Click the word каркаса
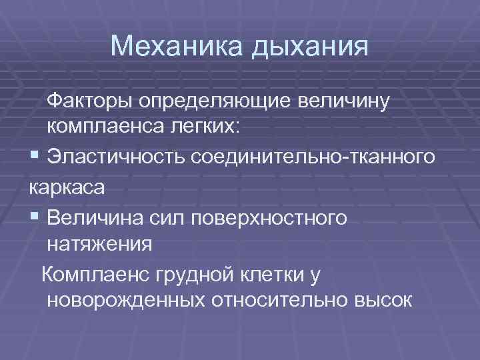click(x=67, y=188)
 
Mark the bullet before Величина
click(x=34, y=218)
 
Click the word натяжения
click(x=101, y=243)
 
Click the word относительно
click(x=277, y=299)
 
